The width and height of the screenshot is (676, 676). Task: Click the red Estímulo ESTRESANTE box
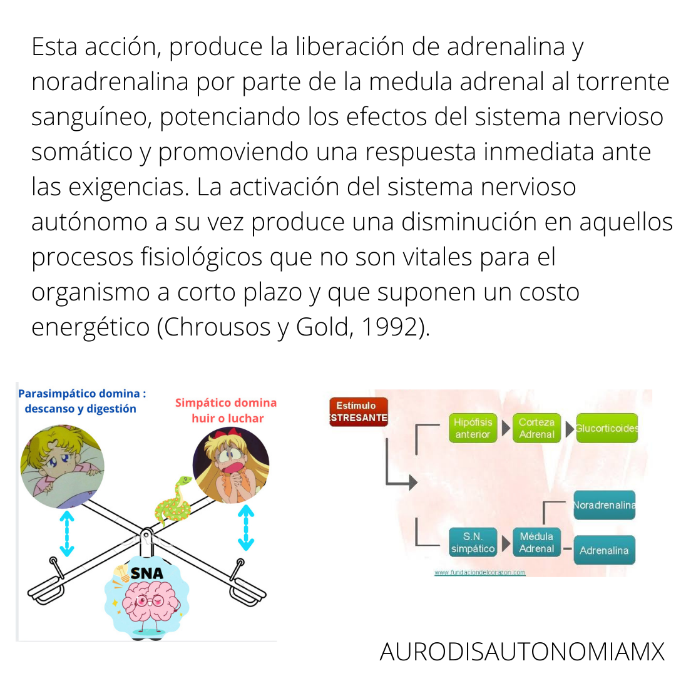point(358,412)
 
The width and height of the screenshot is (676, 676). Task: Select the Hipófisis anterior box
point(473,428)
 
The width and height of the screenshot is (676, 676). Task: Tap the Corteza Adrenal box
point(536,428)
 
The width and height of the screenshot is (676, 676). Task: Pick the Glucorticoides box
point(607,428)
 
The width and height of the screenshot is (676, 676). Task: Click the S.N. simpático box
point(473,543)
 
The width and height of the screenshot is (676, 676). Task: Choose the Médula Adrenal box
point(536,543)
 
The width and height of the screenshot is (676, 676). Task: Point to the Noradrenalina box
point(604,505)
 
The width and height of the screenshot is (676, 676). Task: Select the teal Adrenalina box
point(604,551)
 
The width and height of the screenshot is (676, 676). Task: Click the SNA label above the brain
point(146,573)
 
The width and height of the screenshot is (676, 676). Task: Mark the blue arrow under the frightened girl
point(246,528)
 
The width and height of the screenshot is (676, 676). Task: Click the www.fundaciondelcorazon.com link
point(479,572)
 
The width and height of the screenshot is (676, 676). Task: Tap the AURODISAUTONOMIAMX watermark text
point(521,652)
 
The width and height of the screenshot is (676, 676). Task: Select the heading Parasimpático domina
point(81,394)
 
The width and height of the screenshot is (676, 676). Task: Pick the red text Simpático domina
point(226,402)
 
